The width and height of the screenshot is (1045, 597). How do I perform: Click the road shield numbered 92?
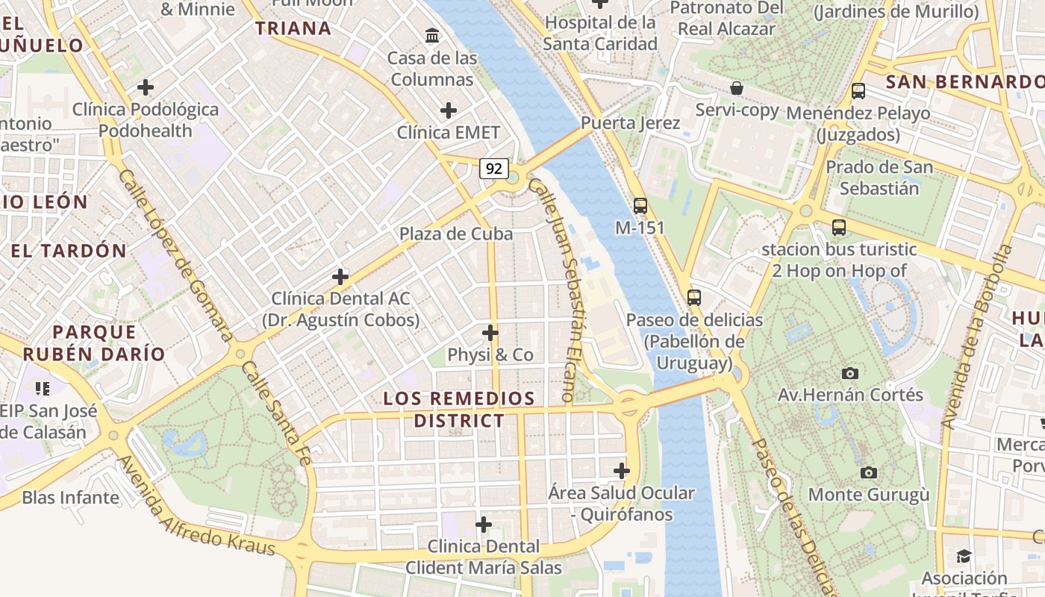click(x=493, y=169)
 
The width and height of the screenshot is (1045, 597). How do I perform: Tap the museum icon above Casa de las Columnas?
click(x=431, y=35)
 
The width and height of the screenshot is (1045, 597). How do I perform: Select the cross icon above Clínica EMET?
click(x=448, y=110)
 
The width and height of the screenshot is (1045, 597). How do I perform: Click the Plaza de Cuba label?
click(x=456, y=234)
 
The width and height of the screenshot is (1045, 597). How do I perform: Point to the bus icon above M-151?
click(x=640, y=205)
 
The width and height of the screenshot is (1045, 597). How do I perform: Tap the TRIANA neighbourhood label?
click(x=293, y=28)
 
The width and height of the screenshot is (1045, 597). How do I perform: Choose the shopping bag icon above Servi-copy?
click(x=737, y=88)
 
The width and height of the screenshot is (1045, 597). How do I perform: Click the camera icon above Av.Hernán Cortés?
click(x=849, y=373)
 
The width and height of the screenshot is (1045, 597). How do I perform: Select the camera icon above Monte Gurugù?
click(x=868, y=472)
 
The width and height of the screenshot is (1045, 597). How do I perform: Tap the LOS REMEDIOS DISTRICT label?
click(x=459, y=409)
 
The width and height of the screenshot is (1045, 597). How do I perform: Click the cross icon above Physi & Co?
click(x=490, y=332)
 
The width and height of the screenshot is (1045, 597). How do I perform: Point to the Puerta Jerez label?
click(x=630, y=123)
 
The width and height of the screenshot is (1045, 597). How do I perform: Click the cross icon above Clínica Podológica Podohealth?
click(x=146, y=87)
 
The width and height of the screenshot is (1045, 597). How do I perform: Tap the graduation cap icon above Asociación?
click(x=964, y=557)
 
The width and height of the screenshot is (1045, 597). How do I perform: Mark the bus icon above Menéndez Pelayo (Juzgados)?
click(x=858, y=91)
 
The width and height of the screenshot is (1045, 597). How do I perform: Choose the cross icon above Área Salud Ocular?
click(x=621, y=471)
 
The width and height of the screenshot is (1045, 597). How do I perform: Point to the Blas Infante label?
click(x=70, y=497)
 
